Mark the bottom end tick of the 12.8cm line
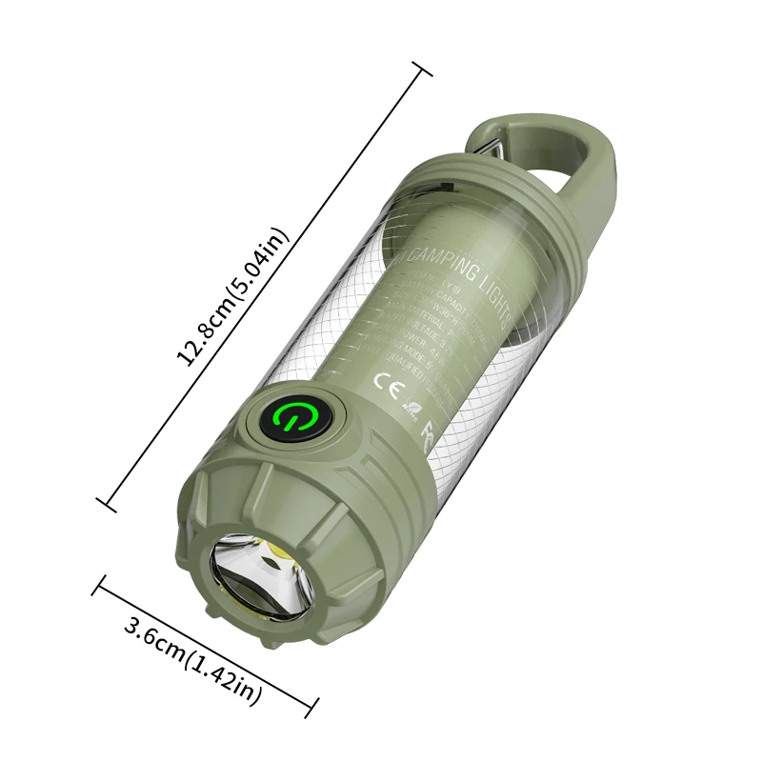[x=108, y=502]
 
